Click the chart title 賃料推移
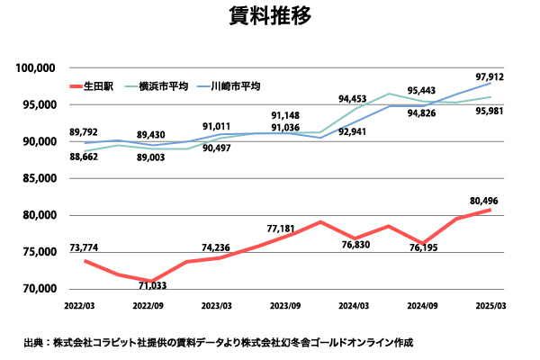coord(269,17)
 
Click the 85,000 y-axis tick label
coord(39,178)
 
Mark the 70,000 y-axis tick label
coord(39,289)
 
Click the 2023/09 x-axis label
coord(286,306)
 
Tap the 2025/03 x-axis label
coord(490,306)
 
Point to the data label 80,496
coord(482,200)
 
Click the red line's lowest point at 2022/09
coord(154,281)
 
